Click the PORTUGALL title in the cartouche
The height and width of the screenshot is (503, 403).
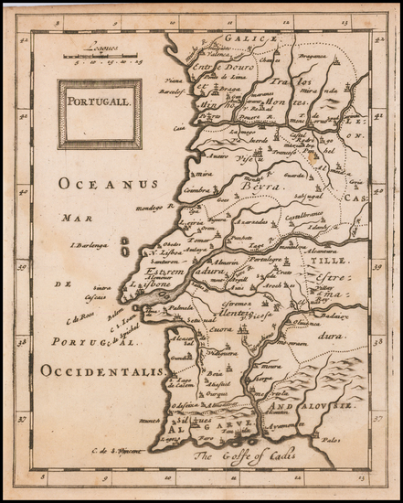coord(100,103)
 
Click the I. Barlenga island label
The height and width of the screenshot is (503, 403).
coord(90,245)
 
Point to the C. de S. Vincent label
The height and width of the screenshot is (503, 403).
coord(119,447)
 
